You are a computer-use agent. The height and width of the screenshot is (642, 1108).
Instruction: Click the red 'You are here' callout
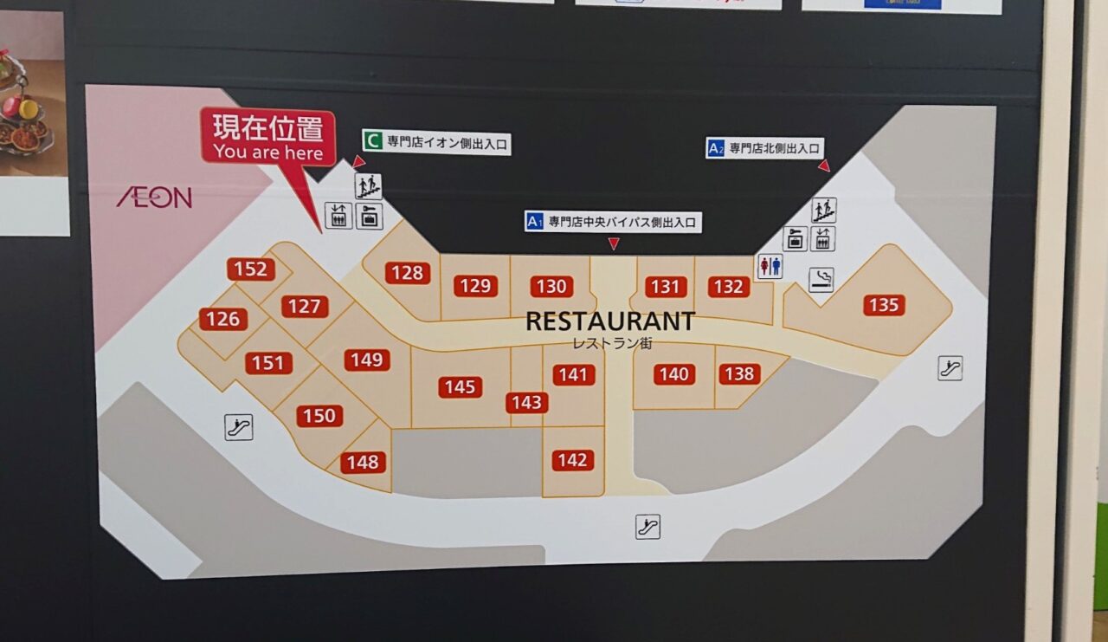pos(268,139)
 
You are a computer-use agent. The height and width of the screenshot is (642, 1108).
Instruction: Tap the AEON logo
pos(155,198)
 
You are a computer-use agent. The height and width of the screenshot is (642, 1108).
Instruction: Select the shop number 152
pos(251,269)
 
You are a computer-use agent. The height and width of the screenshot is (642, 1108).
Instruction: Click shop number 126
pos(222,319)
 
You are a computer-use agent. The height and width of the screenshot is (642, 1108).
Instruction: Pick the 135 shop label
pos(884,305)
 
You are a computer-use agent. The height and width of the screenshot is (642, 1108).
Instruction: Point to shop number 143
pos(526,402)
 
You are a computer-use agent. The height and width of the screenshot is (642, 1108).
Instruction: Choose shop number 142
pos(572,460)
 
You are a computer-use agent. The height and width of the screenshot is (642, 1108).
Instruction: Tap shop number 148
pos(363,462)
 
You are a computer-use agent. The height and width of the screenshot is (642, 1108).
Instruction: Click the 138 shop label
pos(739,373)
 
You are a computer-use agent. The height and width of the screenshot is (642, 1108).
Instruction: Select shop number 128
pos(407,273)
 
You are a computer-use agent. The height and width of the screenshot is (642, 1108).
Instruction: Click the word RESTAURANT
pos(610,321)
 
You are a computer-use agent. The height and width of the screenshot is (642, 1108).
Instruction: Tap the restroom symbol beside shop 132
pos(769,266)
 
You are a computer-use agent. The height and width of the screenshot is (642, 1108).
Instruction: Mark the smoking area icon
pos(821,279)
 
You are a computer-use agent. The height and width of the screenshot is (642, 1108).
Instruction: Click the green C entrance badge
pos(373,141)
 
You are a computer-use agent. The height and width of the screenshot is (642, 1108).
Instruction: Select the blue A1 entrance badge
pos(535,222)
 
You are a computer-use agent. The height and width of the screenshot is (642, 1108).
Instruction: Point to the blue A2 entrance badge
pos(716,148)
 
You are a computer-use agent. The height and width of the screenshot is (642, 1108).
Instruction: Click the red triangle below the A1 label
pos(614,244)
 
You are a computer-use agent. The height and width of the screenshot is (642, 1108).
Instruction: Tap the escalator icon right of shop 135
pos(950,368)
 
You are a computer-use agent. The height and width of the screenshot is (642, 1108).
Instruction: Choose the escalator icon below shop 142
pos(647,526)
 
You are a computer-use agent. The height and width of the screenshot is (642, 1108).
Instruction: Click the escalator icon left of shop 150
pos(239,426)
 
